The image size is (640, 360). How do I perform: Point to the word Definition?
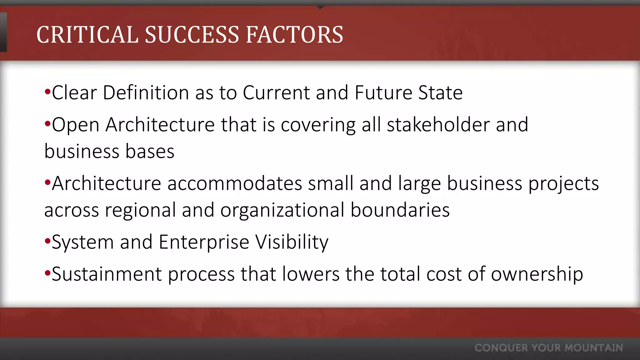coord(146,93)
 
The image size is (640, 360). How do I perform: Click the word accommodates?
coord(235,183)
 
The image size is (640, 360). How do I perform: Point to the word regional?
coord(140,210)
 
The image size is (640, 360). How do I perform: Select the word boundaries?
coord(400,210)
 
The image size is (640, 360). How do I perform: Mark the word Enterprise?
coord(204,242)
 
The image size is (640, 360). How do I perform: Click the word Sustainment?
coord(107,274)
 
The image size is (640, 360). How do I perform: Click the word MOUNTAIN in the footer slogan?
coord(594,348)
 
